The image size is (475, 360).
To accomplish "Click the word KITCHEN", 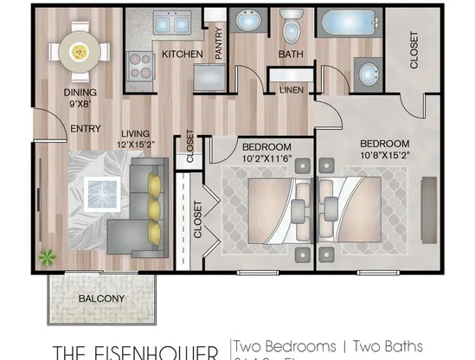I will click(x=183, y=55).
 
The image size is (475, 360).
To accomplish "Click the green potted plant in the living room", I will click(x=47, y=256).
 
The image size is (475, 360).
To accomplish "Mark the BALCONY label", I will click(x=101, y=299).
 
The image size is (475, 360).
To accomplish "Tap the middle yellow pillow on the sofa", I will click(x=154, y=209).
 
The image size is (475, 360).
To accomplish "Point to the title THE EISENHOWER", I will click(x=137, y=351).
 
